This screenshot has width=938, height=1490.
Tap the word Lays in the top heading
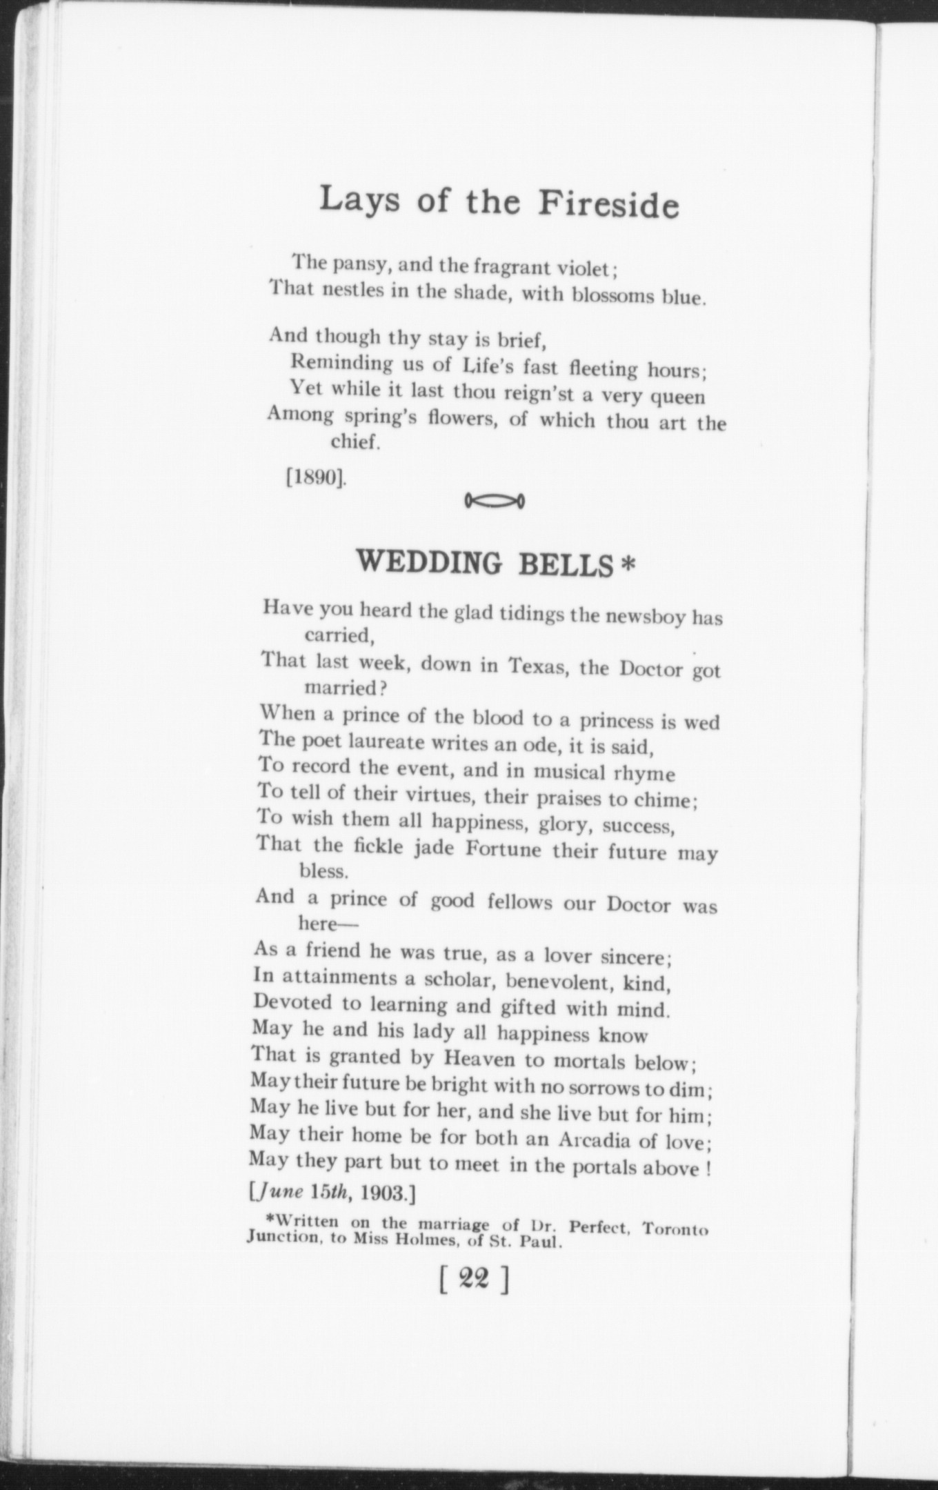tap(352, 199)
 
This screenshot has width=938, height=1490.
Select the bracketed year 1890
tap(316, 477)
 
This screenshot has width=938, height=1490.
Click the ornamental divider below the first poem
tap(495, 499)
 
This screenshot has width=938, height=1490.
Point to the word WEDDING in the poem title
tap(429, 563)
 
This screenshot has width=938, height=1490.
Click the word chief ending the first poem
tap(355, 441)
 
